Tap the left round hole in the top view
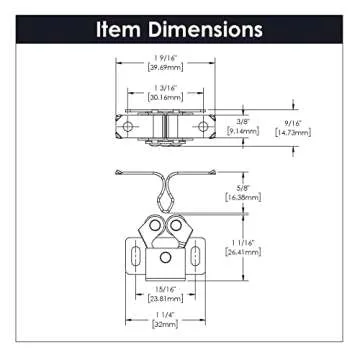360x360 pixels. point(128,127)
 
